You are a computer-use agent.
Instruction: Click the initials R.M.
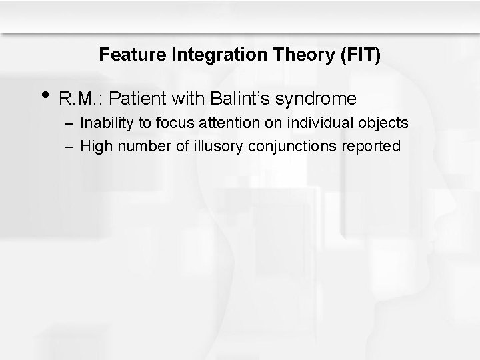pyautogui.click(x=80, y=99)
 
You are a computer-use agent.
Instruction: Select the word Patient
pyautogui.click(x=137, y=99)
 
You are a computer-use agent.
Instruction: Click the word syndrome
pyautogui.click(x=315, y=100)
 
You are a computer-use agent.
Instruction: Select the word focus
pyautogui.click(x=167, y=123)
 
